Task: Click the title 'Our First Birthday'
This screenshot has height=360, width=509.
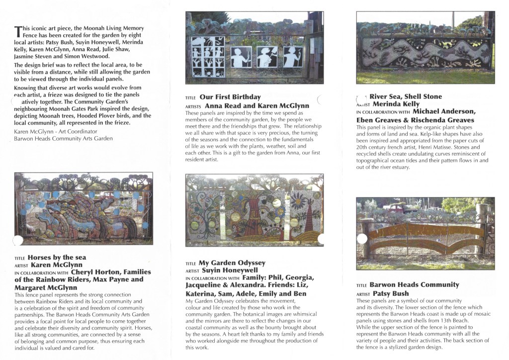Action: click(230, 97)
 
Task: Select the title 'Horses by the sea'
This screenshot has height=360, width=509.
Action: click(57, 258)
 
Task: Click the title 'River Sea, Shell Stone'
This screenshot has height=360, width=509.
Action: click(406, 96)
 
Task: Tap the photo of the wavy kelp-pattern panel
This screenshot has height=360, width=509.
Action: click(425, 48)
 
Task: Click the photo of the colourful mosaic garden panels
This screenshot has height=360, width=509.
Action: click(254, 210)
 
